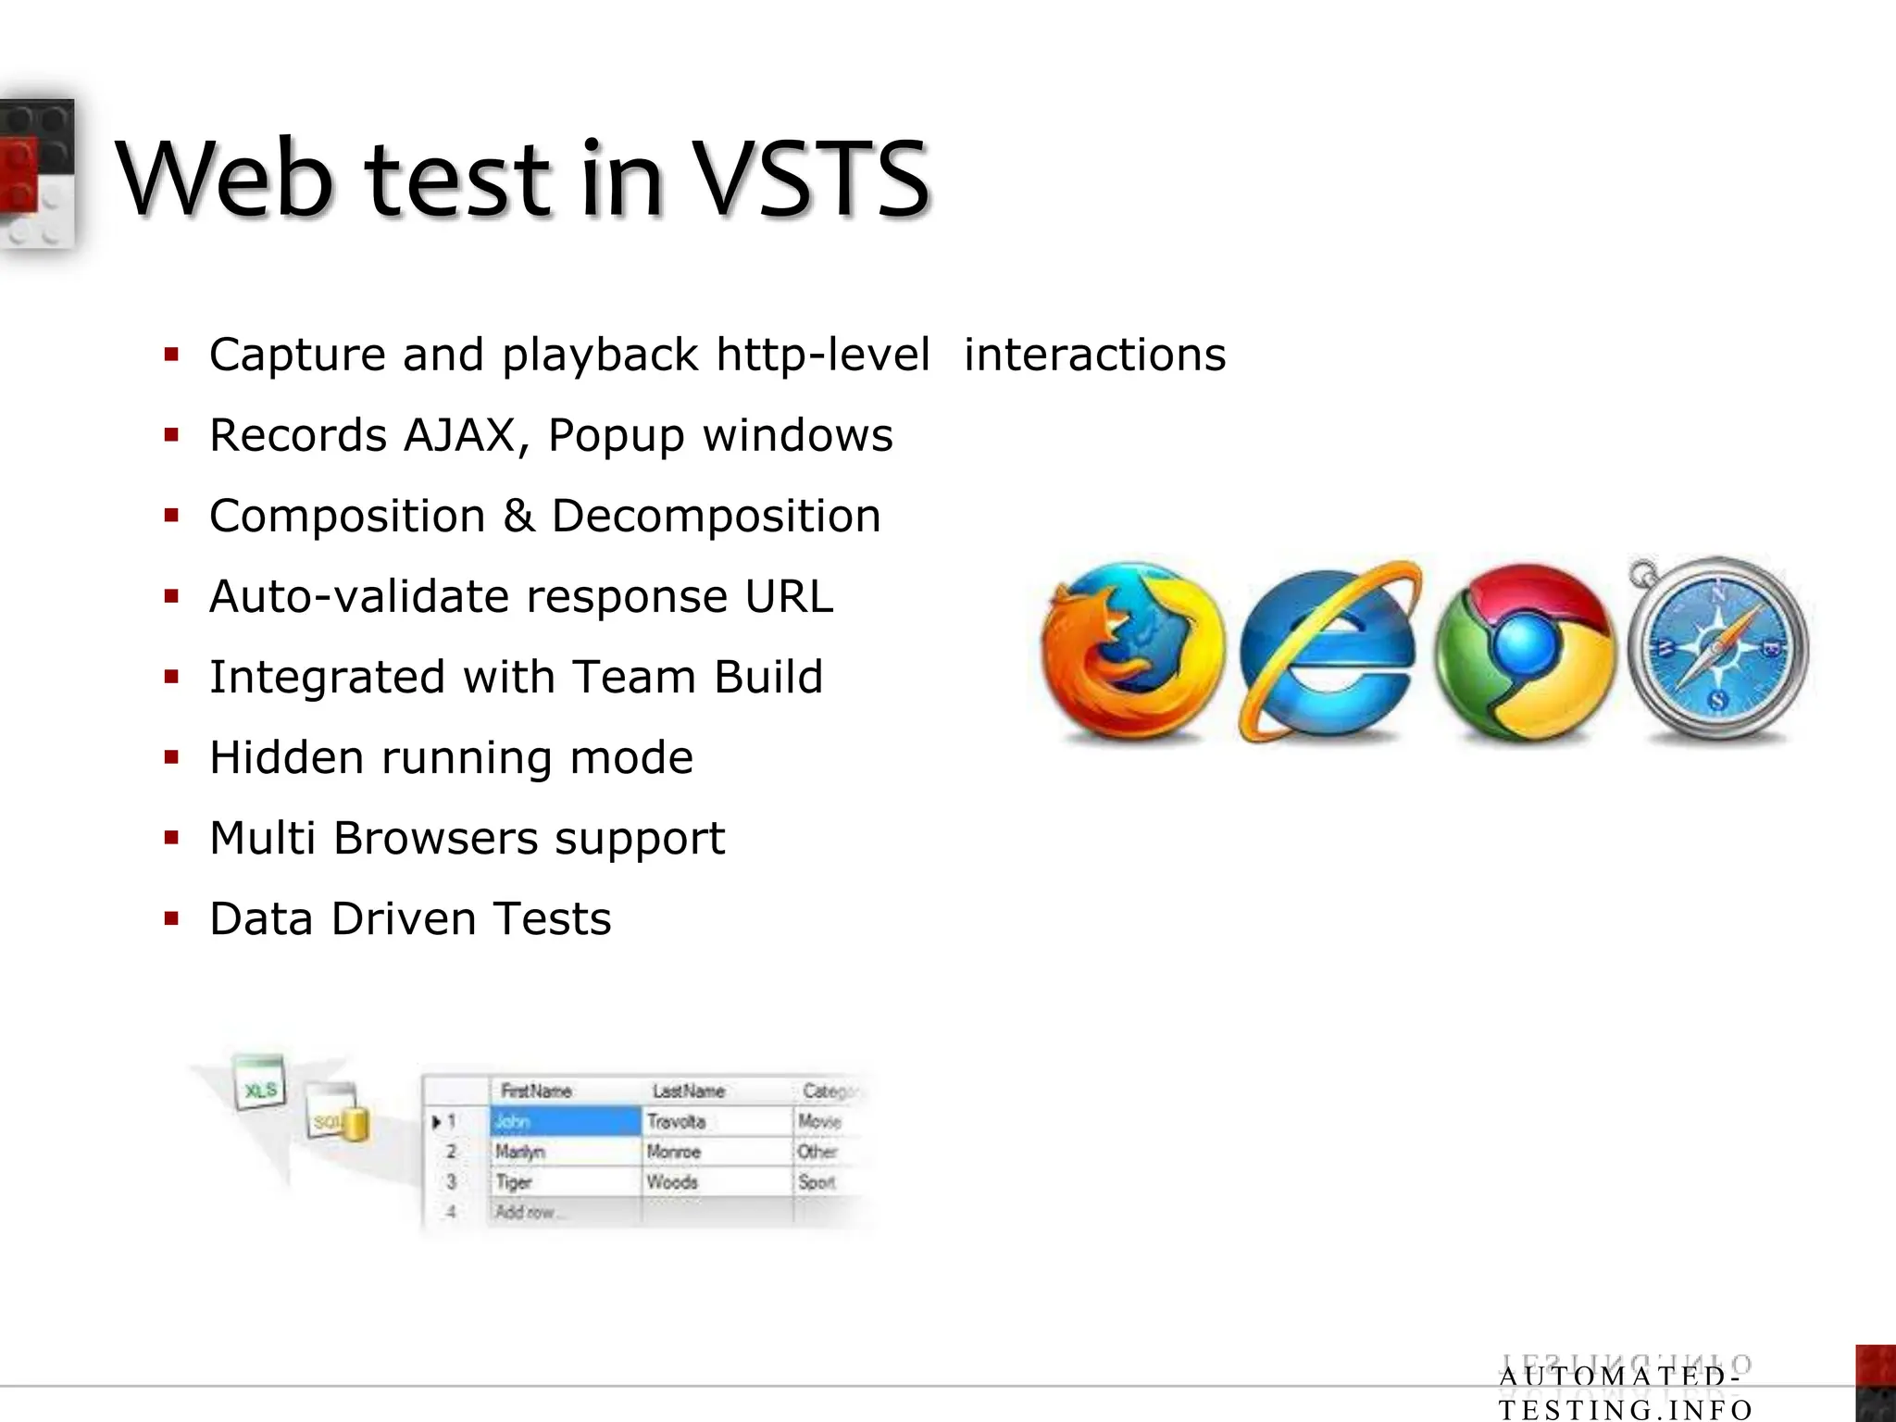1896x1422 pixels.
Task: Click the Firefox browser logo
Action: tap(1131, 651)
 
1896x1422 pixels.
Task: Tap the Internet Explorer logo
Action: tap(1329, 651)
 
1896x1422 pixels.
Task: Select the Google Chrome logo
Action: tap(1525, 651)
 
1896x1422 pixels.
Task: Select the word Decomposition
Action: tap(716, 516)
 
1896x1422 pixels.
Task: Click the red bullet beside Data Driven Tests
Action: tap(171, 919)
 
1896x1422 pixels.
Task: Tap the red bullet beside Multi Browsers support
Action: tap(171, 839)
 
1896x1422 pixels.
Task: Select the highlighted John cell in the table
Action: tap(565, 1122)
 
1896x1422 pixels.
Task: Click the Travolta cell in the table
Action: tap(716, 1122)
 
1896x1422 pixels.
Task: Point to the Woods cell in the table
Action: tap(716, 1182)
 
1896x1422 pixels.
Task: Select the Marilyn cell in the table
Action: tap(565, 1152)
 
